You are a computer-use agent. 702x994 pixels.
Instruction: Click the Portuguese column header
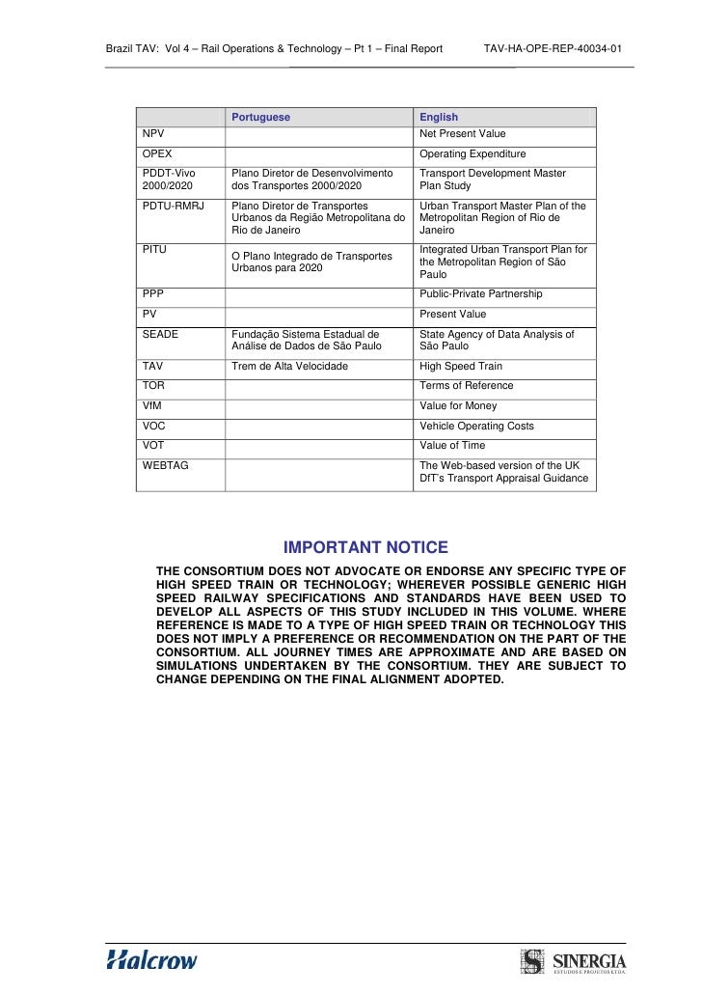(x=260, y=118)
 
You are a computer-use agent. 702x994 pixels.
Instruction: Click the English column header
(x=439, y=118)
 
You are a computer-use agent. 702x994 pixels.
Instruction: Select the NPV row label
(x=153, y=134)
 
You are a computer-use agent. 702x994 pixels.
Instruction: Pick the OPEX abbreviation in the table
(x=157, y=154)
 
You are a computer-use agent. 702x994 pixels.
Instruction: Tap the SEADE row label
(x=160, y=335)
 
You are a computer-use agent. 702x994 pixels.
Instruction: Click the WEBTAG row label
(x=165, y=465)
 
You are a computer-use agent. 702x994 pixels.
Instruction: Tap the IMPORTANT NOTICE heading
(x=359, y=548)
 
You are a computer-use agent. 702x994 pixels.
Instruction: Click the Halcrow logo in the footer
(x=151, y=960)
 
